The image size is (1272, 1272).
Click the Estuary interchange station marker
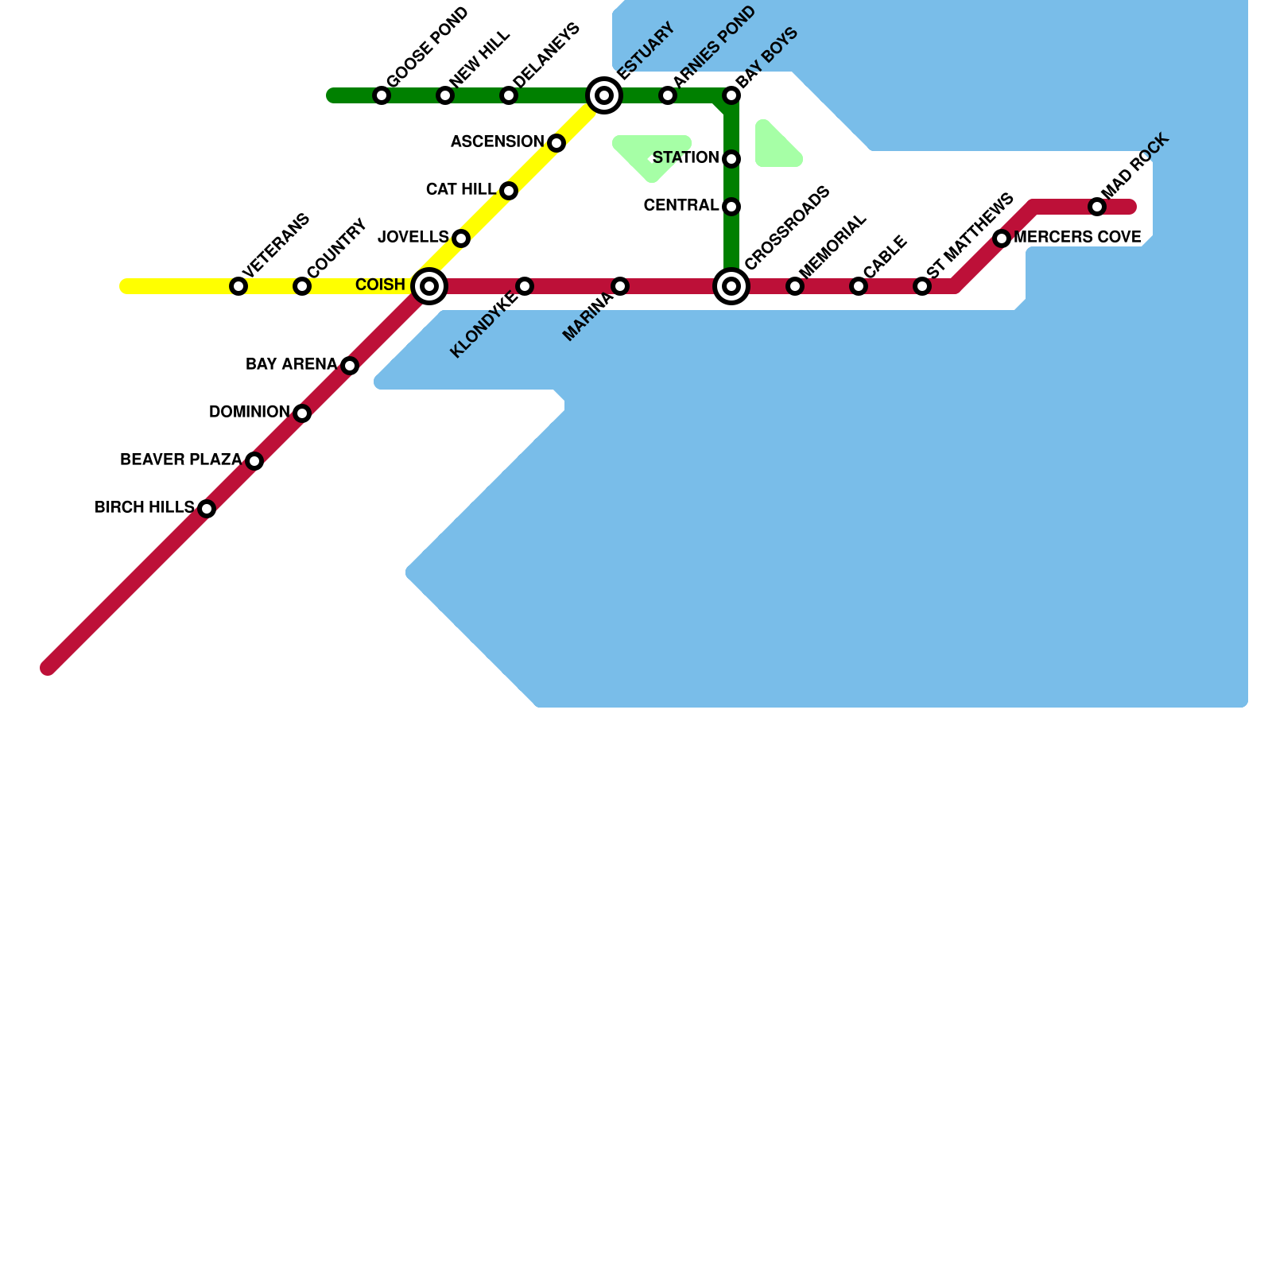click(604, 96)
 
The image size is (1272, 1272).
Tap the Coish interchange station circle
click(429, 286)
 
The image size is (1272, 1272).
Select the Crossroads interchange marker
click(731, 286)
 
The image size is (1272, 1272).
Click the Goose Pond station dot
click(382, 96)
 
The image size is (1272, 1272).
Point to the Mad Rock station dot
click(1097, 207)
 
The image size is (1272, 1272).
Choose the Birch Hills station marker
click(207, 509)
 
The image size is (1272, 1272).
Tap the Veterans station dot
click(238, 286)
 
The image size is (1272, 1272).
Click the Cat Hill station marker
click(509, 191)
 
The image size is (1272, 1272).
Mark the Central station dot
click(731, 207)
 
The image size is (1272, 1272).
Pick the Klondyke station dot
click(525, 286)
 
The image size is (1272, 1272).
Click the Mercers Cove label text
click(1077, 238)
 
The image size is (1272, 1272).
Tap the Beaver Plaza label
click(180, 460)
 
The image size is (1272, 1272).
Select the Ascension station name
click(497, 142)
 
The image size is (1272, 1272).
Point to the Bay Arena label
click(291, 365)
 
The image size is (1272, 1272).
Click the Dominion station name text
click(249, 413)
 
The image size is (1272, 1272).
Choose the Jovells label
click(413, 238)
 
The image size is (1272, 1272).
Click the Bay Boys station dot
click(731, 96)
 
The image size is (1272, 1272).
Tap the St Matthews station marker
click(922, 286)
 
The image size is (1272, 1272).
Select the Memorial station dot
click(795, 286)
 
